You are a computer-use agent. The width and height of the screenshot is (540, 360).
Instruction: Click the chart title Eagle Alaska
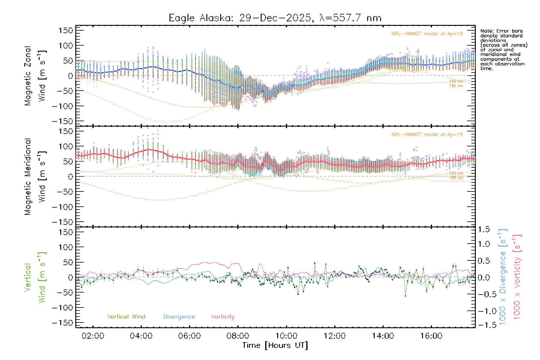[x=275, y=18]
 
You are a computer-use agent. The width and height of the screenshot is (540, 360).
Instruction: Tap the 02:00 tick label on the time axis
[x=93, y=336]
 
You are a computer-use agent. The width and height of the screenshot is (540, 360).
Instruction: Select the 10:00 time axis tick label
[x=286, y=336]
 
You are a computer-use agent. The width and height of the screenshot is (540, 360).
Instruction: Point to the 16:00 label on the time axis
[x=431, y=336]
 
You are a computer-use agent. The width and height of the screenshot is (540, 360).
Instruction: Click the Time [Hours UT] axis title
[x=275, y=345]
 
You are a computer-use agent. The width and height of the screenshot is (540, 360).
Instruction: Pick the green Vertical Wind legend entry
[x=126, y=317]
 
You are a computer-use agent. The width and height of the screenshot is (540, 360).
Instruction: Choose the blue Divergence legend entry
[x=179, y=317]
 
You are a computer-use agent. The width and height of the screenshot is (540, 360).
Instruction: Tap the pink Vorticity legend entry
[x=223, y=317]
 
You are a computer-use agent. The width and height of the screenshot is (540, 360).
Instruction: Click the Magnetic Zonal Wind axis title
[x=35, y=76]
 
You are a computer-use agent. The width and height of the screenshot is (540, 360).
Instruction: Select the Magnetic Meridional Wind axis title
[x=35, y=177]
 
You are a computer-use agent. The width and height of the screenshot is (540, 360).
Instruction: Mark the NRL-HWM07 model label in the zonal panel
[x=427, y=34]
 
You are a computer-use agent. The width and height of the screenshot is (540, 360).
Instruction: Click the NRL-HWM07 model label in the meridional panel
[x=427, y=135]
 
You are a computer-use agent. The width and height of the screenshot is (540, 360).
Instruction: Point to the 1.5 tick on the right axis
[x=484, y=229]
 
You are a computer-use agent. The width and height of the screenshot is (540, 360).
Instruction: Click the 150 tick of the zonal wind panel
[x=66, y=31]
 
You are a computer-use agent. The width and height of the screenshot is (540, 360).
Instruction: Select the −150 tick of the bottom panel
[x=62, y=323]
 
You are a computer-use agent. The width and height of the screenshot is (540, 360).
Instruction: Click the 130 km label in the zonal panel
[x=456, y=86]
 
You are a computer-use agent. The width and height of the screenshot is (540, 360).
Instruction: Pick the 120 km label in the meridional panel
[x=456, y=173]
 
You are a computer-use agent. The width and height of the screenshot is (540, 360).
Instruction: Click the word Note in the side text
[x=486, y=31]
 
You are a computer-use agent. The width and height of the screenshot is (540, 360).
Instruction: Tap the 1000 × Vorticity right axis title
[x=517, y=277]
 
